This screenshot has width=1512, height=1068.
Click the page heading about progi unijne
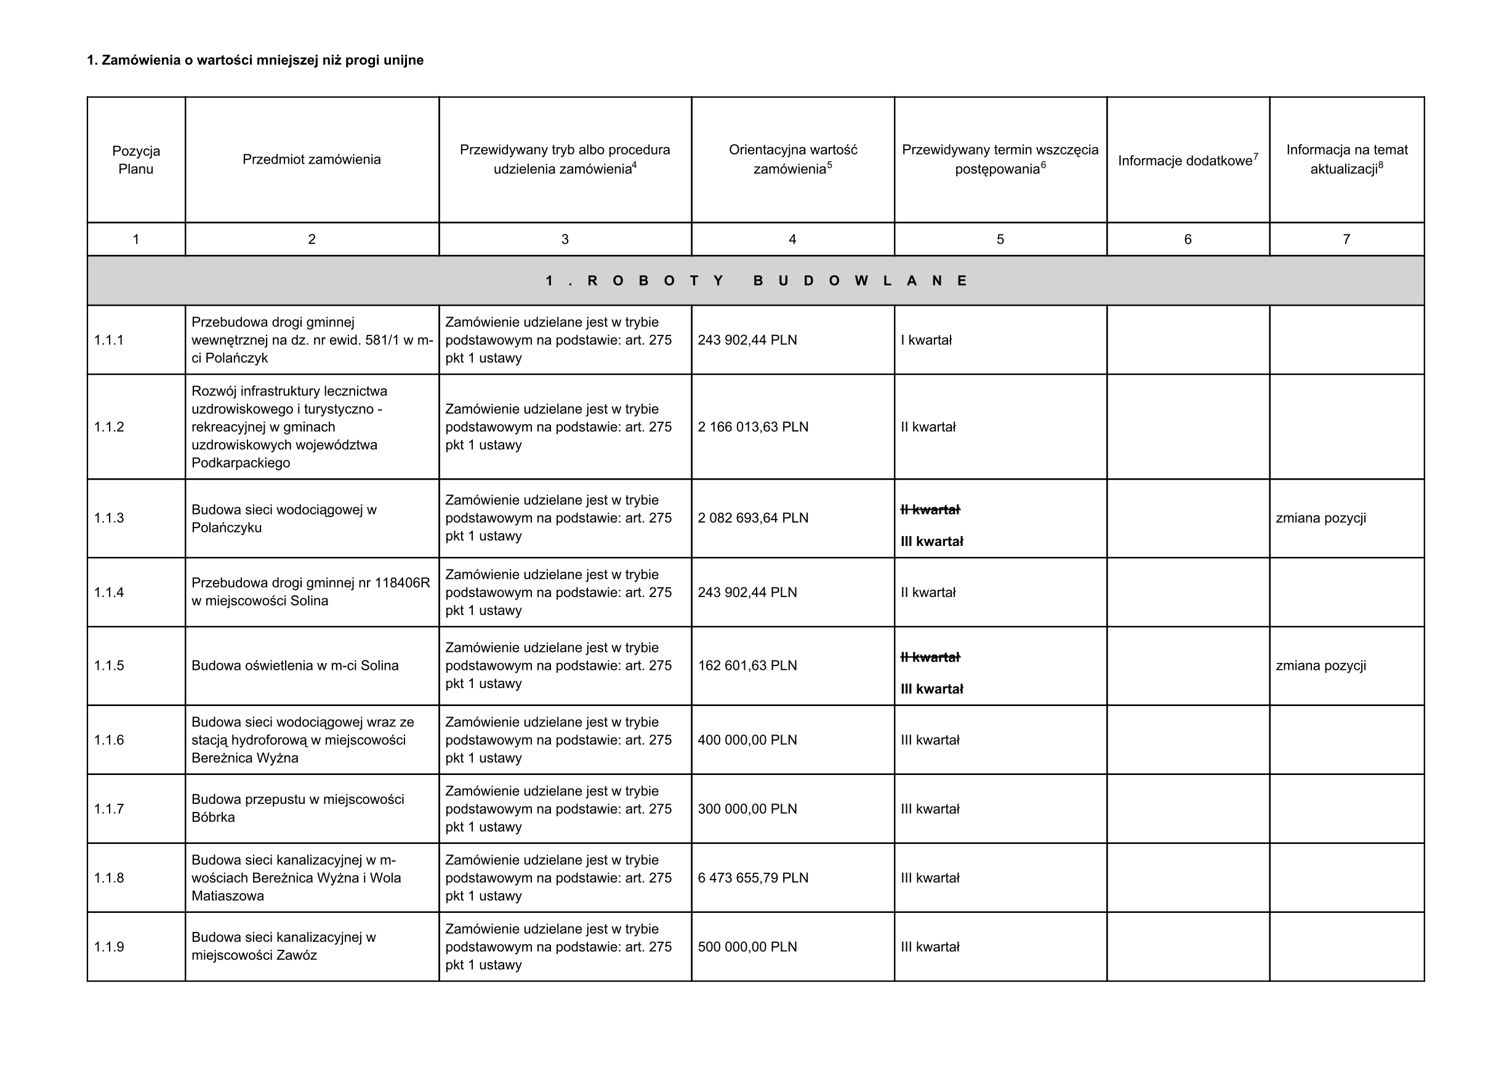tap(255, 60)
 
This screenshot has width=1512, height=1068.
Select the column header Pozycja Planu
tap(135, 160)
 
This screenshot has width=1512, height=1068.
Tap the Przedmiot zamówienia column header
tap(312, 159)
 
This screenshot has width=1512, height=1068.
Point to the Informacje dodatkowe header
tap(1188, 161)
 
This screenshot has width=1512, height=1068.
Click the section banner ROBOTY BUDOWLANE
tap(755, 281)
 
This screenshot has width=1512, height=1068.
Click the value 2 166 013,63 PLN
tap(753, 427)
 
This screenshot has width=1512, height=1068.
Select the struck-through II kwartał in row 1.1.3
tap(930, 510)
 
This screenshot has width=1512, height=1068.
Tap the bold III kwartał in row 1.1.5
tap(931, 689)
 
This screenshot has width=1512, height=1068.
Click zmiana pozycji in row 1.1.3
tap(1321, 518)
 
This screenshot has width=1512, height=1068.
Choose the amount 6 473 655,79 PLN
tap(753, 878)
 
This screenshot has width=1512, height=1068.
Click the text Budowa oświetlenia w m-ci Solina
tap(295, 665)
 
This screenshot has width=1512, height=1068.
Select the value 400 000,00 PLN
tap(747, 740)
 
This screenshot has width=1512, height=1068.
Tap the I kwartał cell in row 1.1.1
tap(926, 340)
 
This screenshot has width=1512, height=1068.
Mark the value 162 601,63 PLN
tap(747, 665)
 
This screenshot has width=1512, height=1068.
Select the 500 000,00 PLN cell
tap(747, 947)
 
